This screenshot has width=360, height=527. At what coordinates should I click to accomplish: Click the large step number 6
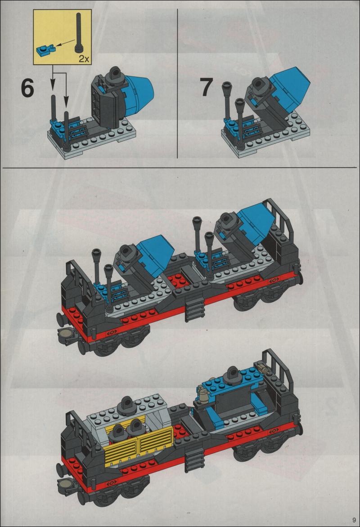coord(27,89)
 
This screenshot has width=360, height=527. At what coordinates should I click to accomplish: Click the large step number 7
coord(206,87)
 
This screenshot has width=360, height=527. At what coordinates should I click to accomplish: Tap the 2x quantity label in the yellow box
coord(84,59)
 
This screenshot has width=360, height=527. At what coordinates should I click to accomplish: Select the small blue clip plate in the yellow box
coord(44,50)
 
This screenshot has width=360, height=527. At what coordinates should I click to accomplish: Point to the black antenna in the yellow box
coord(79,33)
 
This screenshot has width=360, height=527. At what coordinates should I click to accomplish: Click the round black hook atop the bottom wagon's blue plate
coord(232,373)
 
